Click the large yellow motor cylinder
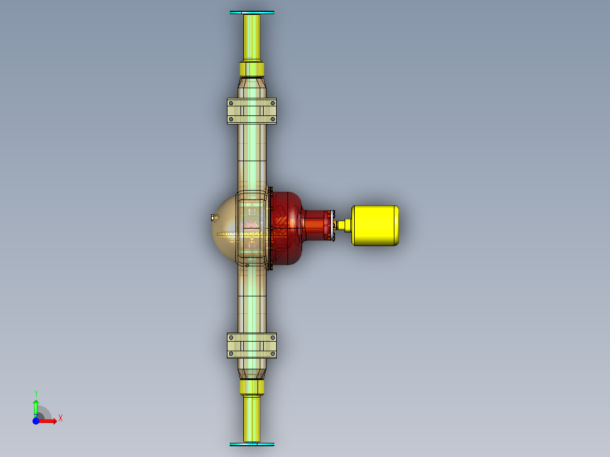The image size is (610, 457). pos(375,225)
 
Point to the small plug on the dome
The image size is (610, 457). pos(213,217)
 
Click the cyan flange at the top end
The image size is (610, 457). pos(252,12)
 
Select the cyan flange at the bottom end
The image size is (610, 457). pos(252,445)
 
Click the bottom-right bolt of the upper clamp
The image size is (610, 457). pos(273,119)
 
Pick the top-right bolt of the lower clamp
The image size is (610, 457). pos(273,338)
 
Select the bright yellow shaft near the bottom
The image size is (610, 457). pos(252,419)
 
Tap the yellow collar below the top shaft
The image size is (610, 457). pos(252,70)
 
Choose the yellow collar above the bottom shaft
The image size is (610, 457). pos(252,387)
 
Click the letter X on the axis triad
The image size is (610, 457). pos(60,419)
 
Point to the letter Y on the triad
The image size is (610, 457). pos(36,393)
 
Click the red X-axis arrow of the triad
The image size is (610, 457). pos(50,421)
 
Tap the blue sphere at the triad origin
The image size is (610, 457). pos(36,421)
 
